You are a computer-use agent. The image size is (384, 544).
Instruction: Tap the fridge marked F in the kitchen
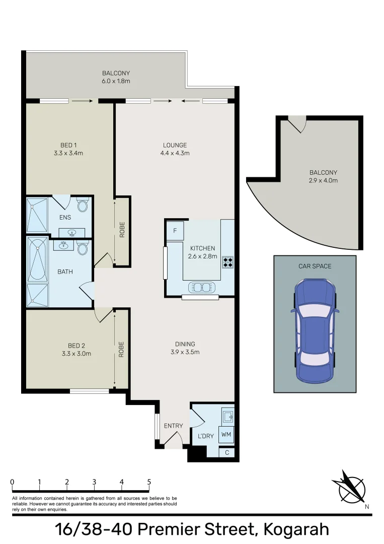(175, 230)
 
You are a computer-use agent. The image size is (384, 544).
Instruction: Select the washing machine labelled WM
(226, 434)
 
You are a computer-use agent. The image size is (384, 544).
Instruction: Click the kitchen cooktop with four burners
(227, 262)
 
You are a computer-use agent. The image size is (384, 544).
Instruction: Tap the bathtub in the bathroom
(38, 259)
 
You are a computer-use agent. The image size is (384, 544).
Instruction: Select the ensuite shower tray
(37, 215)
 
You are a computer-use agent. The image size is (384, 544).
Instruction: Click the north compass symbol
(352, 489)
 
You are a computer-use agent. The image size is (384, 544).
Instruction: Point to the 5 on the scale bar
(149, 482)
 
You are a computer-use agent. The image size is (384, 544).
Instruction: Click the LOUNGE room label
(175, 145)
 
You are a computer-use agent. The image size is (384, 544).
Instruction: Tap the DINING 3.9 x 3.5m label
(185, 348)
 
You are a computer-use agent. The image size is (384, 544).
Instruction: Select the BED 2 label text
(76, 346)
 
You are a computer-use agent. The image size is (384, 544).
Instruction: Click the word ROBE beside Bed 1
(122, 230)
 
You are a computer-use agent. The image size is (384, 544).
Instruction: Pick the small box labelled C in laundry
(227, 452)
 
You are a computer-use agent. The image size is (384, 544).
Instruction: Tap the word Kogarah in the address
(296, 530)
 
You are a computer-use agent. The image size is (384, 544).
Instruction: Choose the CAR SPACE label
(315, 266)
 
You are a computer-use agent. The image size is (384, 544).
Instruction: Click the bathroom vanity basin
(63, 245)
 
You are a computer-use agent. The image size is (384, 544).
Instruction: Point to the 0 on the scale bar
(13, 482)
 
